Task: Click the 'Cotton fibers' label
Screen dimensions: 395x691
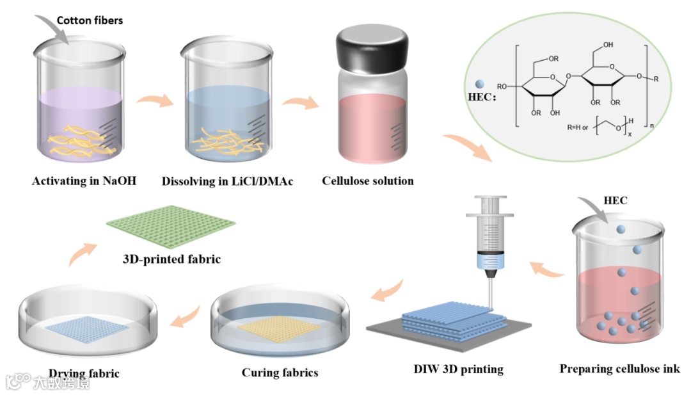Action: (x=90, y=20)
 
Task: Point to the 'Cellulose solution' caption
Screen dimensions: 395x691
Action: (x=367, y=181)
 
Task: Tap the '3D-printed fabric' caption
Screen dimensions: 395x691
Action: (x=171, y=259)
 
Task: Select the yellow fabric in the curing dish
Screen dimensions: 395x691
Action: (x=280, y=331)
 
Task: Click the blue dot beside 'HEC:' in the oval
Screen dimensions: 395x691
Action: (x=480, y=84)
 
